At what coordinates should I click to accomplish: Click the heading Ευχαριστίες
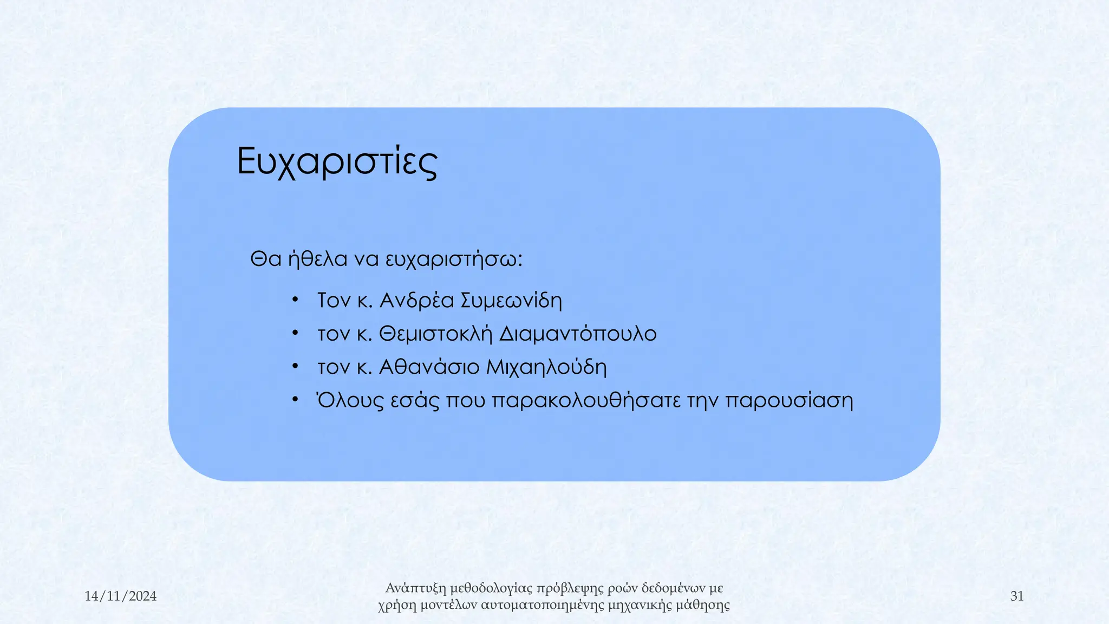click(x=337, y=161)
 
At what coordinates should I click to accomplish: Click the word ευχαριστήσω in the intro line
click(x=453, y=259)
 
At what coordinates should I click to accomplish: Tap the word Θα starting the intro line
click(x=265, y=259)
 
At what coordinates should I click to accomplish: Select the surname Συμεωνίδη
click(x=511, y=300)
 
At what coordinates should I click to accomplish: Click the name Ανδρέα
click(x=416, y=300)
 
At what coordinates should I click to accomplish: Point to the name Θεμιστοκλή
click(x=435, y=334)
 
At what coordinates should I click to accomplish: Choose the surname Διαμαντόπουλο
click(x=577, y=334)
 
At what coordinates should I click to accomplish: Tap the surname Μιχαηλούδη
click(x=546, y=367)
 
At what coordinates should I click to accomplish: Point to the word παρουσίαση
click(x=788, y=401)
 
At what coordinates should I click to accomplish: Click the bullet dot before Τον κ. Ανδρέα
click(x=295, y=300)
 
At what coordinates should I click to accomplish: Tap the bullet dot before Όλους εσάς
click(x=295, y=400)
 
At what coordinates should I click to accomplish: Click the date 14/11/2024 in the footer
click(x=120, y=596)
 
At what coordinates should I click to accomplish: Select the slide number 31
click(x=1016, y=596)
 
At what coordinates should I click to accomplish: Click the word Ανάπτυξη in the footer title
click(x=416, y=588)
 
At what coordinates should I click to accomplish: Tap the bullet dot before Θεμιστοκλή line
click(x=295, y=333)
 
